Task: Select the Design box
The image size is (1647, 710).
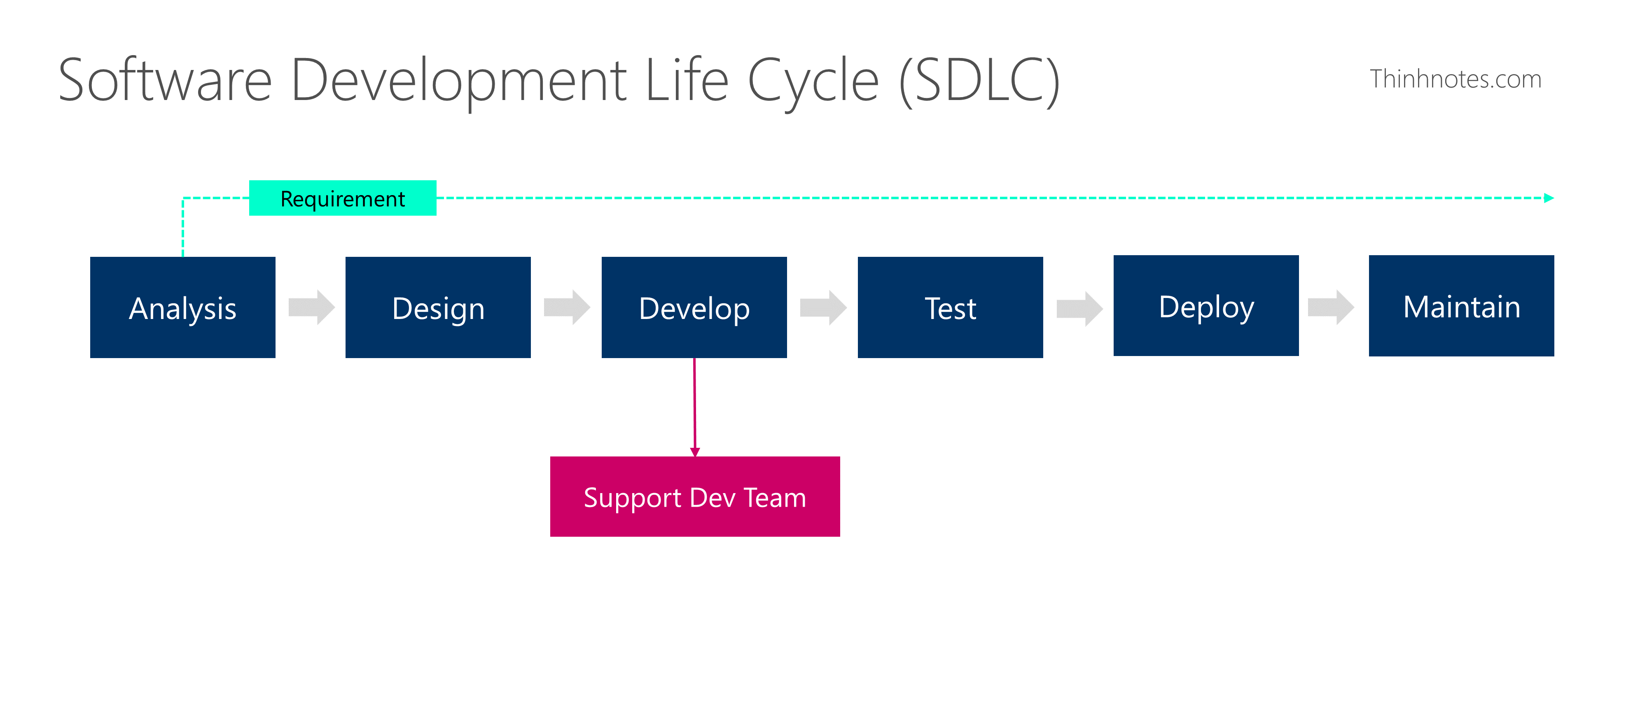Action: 438,307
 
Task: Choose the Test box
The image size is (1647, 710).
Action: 950,307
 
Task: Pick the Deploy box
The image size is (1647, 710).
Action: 1206,305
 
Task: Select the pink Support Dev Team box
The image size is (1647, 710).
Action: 694,496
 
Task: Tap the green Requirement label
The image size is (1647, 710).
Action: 343,198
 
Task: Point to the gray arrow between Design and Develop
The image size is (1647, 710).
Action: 566,307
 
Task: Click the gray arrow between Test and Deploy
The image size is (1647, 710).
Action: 1079,309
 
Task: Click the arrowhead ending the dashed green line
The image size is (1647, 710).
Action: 1549,198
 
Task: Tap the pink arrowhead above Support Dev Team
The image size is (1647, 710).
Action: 695,452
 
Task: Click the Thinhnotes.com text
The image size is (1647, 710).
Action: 1455,79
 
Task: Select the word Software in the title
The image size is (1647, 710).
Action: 165,81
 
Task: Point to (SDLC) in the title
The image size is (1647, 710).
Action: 979,81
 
